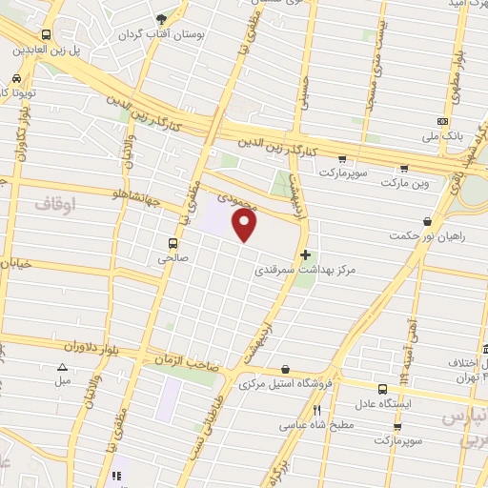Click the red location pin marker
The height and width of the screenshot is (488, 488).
coord(246,226)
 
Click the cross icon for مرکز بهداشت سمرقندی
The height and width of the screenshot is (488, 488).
coord(305,254)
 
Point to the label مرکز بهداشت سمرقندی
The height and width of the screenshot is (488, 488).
coord(305,271)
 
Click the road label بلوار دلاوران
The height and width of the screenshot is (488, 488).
coord(99,347)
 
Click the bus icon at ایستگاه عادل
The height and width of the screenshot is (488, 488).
coord(382,389)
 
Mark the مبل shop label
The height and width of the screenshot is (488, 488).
coord(63,380)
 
